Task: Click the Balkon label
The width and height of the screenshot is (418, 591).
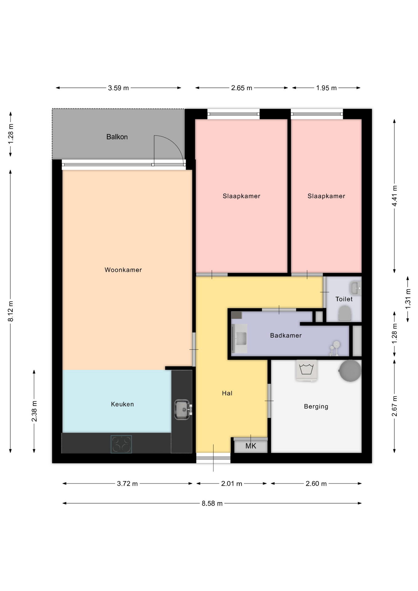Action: coord(117,137)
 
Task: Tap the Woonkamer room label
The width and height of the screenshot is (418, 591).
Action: coord(123,270)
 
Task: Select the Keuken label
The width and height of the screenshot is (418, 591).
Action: coord(123,404)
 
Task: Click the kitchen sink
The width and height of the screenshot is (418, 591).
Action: coord(183,409)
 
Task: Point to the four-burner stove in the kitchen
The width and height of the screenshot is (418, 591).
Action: coord(121,444)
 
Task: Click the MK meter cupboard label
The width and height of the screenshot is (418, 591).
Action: coord(251,446)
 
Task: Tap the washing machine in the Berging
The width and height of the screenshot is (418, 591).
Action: coord(307,370)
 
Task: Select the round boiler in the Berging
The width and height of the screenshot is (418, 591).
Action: coord(350,371)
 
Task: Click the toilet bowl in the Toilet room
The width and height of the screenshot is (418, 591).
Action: coord(345,313)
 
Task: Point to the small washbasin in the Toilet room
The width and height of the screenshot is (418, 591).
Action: coord(356,288)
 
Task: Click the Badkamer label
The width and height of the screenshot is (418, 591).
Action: coord(286,336)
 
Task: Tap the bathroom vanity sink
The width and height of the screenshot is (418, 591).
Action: coord(240,338)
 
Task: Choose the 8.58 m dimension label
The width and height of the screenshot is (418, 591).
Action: coord(212,504)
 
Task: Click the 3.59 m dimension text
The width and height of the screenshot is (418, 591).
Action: coord(119,88)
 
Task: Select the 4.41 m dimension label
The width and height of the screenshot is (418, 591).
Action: coord(395,196)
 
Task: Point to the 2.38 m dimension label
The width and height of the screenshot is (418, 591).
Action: coord(34,411)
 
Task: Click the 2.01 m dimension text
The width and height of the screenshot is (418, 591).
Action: coord(231,484)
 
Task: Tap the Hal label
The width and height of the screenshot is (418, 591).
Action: coord(227,393)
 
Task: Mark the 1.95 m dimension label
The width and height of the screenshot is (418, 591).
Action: coord(326,88)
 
